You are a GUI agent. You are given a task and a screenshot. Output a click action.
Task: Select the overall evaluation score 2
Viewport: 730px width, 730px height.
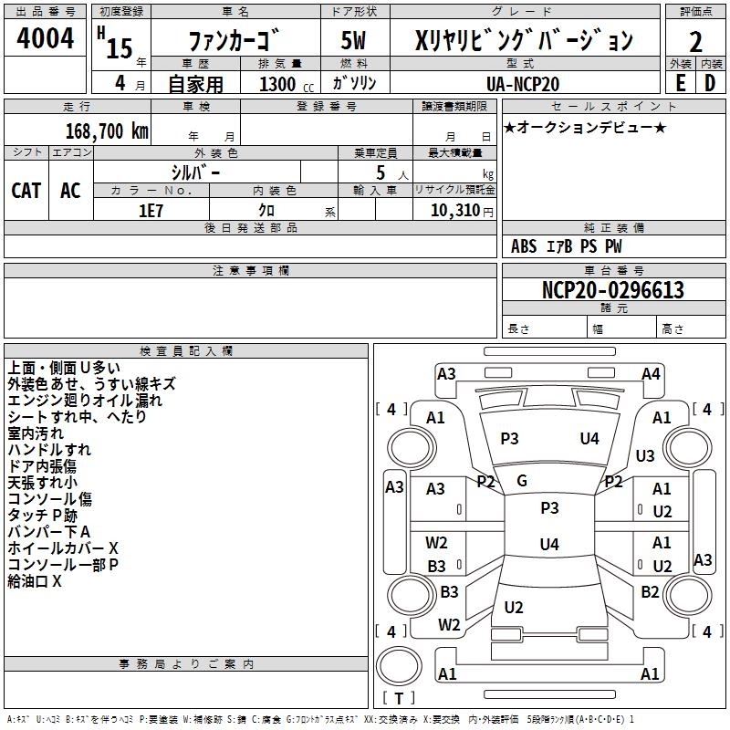point(695,42)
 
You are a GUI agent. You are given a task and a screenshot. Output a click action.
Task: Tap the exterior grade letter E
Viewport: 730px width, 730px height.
point(679,82)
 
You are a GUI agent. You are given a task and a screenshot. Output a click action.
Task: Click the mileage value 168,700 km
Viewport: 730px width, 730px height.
point(107,130)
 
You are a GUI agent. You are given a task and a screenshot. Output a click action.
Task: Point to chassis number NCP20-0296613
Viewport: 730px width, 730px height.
point(612,291)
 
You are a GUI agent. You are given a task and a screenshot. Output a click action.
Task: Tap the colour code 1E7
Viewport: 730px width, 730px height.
point(151,211)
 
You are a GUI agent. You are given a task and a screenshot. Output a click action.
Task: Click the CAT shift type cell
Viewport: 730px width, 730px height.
point(26,190)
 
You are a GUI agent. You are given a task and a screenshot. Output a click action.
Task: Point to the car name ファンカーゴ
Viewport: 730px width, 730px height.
point(235,41)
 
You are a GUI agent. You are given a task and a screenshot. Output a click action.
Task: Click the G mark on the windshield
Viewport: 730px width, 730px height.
point(522,481)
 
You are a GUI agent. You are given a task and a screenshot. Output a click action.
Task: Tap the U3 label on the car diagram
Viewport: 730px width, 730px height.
point(645,456)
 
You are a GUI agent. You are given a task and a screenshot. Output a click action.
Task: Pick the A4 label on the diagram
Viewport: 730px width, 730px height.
point(651,373)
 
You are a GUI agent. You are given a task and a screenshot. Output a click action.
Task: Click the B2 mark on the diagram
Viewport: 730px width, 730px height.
point(650,592)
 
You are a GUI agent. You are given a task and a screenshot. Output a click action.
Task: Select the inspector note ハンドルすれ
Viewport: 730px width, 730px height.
point(49,450)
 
